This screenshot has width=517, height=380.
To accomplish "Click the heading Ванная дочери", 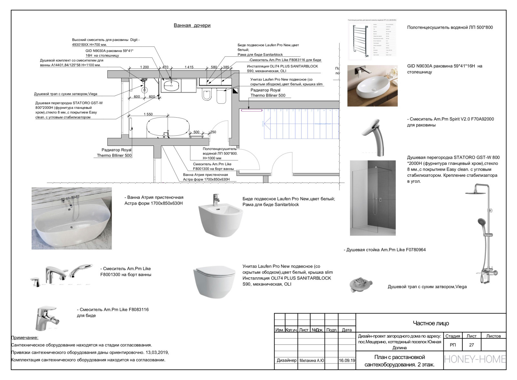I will [192, 26].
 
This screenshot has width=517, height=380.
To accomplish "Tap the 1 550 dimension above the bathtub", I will [148, 114].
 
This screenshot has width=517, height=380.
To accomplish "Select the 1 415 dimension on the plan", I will [189, 67].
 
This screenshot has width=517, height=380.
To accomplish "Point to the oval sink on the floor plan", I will [171, 86].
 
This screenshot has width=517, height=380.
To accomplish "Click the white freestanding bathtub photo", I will [71, 218].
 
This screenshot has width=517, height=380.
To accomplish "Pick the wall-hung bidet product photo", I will [220, 216].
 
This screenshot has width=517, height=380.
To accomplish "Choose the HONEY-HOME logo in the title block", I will [475, 359].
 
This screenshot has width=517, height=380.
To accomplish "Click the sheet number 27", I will [471, 345].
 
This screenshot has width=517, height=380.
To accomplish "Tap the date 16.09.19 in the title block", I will [347, 360].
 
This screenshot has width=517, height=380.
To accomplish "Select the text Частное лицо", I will [431, 323].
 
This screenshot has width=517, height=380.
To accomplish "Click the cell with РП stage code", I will [453, 345].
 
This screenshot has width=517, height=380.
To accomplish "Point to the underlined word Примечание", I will [25, 338].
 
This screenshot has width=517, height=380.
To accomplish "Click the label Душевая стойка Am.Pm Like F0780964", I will [385, 250].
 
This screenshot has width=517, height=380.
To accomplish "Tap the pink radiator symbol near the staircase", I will [251, 111].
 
